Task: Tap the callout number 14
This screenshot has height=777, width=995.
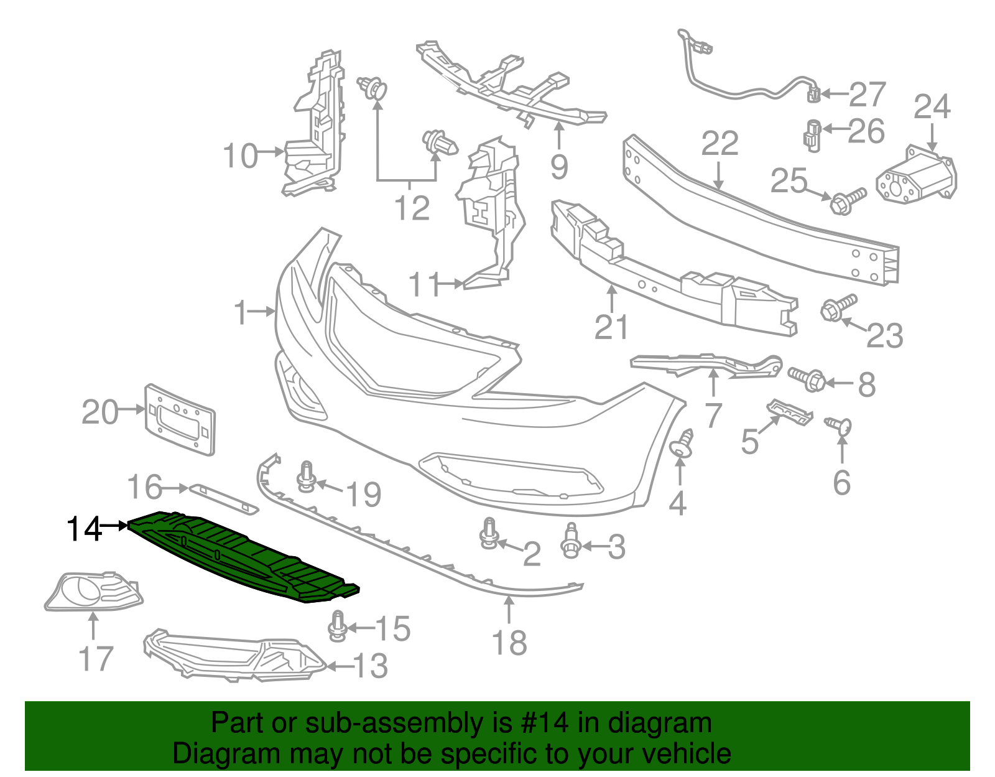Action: pyautogui.click(x=84, y=529)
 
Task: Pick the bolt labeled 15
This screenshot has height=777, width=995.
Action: pyautogui.click(x=337, y=625)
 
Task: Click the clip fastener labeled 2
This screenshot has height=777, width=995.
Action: pyautogui.click(x=488, y=534)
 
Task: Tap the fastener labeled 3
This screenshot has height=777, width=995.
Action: pyautogui.click(x=570, y=540)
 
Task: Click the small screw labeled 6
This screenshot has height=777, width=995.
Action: pyautogui.click(x=840, y=426)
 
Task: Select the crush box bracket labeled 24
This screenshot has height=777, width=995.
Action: pyautogui.click(x=915, y=176)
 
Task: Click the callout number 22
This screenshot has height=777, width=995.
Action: pyautogui.click(x=720, y=144)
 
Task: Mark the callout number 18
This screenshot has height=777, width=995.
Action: pyautogui.click(x=509, y=643)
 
